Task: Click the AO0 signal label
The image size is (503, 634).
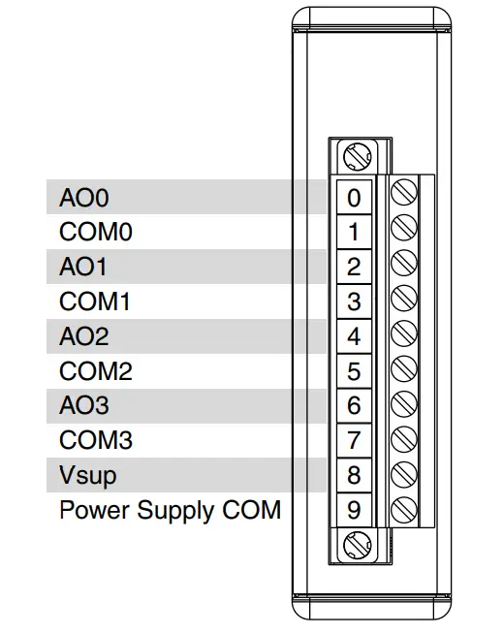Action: [x=84, y=198]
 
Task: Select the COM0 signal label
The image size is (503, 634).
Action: [x=96, y=233]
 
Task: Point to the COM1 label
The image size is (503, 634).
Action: [x=96, y=302]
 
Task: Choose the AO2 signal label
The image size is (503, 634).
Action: [x=84, y=337]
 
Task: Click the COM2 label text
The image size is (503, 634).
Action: [x=96, y=371]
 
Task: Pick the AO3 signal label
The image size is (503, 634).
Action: [x=84, y=406]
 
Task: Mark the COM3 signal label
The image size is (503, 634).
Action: [x=96, y=441]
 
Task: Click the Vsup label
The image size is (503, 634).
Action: [x=88, y=476]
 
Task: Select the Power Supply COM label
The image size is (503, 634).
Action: [x=170, y=510]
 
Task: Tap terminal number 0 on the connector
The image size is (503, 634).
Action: [x=354, y=198]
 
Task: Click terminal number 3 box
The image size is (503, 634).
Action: [x=354, y=302]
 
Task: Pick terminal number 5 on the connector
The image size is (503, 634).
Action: [x=354, y=371]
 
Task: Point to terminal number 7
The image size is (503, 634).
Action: [x=354, y=441]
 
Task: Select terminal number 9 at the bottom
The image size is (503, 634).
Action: [x=354, y=510]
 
